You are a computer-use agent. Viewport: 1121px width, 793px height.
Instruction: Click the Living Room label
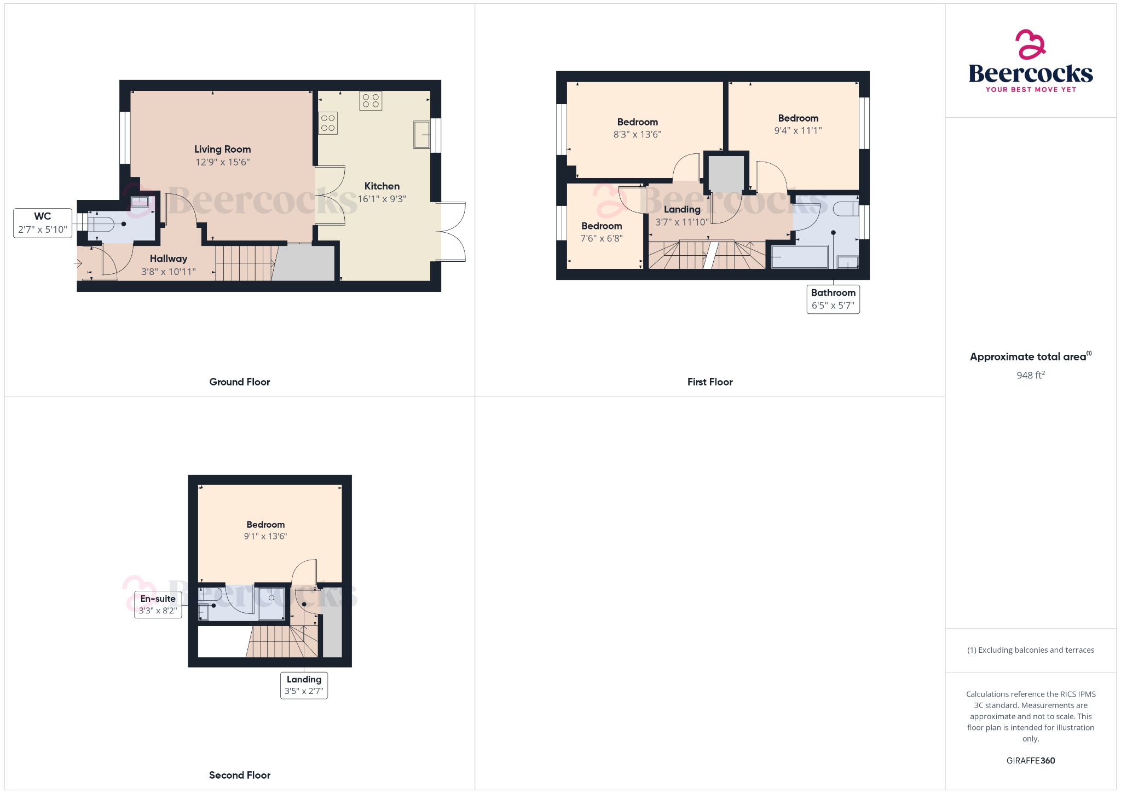click(222, 149)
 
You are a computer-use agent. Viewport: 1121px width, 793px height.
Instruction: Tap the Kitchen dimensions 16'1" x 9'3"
click(382, 199)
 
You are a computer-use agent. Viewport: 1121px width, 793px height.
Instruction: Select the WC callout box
click(43, 223)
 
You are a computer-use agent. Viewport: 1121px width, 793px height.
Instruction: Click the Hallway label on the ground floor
click(169, 258)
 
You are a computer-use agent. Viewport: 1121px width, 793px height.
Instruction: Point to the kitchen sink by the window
click(421, 135)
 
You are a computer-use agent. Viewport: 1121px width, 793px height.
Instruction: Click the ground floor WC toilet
click(102, 224)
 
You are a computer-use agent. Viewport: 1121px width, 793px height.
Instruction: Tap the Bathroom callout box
click(833, 299)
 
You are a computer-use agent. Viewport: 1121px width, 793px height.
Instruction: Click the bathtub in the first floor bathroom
click(800, 257)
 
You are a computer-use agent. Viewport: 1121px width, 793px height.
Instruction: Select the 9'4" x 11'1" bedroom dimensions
click(798, 130)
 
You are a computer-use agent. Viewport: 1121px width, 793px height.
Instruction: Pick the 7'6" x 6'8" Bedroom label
click(602, 226)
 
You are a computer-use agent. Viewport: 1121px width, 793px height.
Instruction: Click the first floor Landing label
click(682, 209)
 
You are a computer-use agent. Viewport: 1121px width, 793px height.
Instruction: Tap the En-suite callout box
click(158, 605)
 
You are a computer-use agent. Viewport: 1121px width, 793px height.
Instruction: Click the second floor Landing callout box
click(304, 685)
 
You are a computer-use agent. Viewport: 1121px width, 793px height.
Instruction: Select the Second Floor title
click(240, 775)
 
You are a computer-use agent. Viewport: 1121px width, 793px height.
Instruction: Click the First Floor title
click(710, 382)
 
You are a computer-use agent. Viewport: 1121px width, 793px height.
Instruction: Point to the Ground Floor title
click(240, 382)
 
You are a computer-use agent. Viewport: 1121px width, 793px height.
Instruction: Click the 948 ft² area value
click(1031, 375)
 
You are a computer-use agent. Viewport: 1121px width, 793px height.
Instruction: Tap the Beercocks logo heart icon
click(1031, 44)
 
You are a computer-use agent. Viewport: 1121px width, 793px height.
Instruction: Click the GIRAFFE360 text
click(1031, 761)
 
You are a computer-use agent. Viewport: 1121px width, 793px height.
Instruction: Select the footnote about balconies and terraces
click(1031, 650)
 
